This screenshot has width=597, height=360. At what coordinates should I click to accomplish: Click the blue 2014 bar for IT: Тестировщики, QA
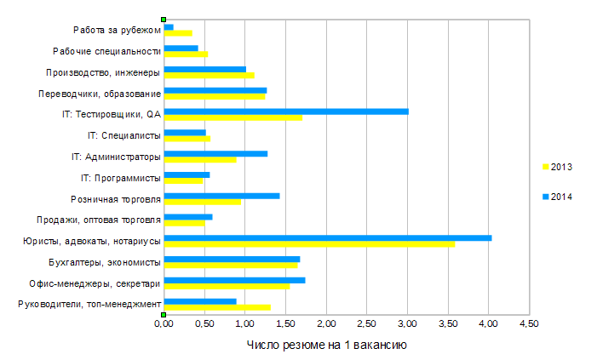(285, 111)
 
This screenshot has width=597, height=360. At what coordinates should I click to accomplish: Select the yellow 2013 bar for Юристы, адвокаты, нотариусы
(308, 244)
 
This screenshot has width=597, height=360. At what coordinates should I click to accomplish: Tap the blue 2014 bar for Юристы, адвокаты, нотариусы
(327, 237)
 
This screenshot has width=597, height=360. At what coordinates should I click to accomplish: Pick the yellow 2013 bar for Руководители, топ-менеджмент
(216, 307)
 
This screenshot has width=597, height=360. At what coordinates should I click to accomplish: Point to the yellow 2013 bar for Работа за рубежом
(177, 33)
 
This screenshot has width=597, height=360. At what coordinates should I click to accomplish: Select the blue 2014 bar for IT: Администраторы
(215, 153)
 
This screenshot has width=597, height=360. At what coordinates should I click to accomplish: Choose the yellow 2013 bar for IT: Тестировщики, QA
(232, 117)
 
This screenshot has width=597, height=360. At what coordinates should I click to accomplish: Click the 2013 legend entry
(556, 167)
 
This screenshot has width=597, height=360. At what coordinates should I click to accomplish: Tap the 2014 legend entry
(556, 197)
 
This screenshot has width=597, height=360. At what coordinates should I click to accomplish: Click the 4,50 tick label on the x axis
(529, 324)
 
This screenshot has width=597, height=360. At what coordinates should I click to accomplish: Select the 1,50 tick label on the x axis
(285, 324)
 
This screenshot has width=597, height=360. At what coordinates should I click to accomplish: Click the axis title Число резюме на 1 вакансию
(326, 345)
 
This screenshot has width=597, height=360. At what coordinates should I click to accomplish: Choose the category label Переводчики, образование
(100, 94)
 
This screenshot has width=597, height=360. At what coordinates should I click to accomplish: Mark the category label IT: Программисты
(120, 178)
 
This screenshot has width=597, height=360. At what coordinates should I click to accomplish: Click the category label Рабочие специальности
(106, 51)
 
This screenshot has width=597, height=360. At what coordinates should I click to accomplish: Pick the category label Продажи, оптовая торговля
(105, 220)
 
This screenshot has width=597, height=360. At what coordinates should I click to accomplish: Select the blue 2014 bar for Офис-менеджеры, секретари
(234, 279)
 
